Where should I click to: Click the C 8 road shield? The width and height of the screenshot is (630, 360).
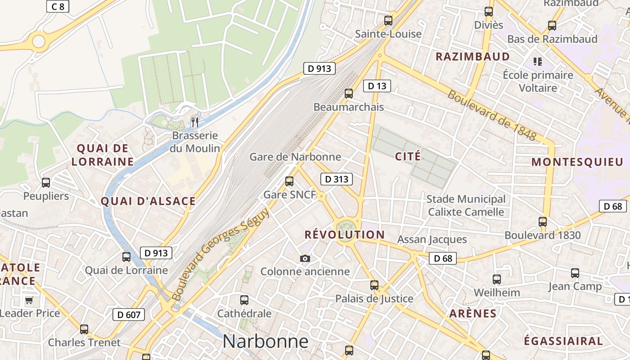pyautogui.click(x=58, y=6)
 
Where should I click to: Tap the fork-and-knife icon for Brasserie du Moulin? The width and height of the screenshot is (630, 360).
pyautogui.click(x=195, y=122)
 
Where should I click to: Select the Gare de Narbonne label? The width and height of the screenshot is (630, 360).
pyautogui.click(x=295, y=157)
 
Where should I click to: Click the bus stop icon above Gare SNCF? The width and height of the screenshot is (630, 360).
pyautogui.click(x=289, y=181)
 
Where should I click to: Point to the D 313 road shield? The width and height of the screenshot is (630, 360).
pyautogui.click(x=337, y=179)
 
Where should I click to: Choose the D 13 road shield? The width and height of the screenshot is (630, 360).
pyautogui.click(x=377, y=86)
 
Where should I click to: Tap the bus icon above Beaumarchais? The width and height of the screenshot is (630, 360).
pyautogui.click(x=349, y=94)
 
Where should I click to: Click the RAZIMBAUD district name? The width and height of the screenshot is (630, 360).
pyautogui.click(x=472, y=57)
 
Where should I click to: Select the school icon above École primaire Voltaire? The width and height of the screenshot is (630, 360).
pyautogui.click(x=537, y=61)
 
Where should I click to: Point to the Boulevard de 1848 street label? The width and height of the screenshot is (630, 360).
pyautogui.click(x=491, y=115)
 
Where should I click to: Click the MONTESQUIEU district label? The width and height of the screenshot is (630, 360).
pyautogui.click(x=577, y=162)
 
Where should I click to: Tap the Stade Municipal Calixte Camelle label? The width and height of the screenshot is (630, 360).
pyautogui.click(x=466, y=205)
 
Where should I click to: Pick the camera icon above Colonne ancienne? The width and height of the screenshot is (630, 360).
pyautogui.click(x=305, y=258)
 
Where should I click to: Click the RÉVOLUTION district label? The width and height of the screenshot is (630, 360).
pyautogui.click(x=345, y=234)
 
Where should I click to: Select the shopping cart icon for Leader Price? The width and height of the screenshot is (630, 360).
pyautogui.click(x=29, y=300)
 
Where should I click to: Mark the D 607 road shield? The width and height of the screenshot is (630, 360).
pyautogui.click(x=129, y=315)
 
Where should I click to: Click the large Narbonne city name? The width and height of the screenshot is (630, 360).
pyautogui.click(x=265, y=342)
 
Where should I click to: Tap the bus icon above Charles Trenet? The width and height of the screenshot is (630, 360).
pyautogui.click(x=84, y=329)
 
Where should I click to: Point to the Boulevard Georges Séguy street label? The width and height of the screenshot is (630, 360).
pyautogui.click(x=220, y=254)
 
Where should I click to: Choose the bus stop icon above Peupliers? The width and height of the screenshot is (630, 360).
pyautogui.click(x=46, y=183)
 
